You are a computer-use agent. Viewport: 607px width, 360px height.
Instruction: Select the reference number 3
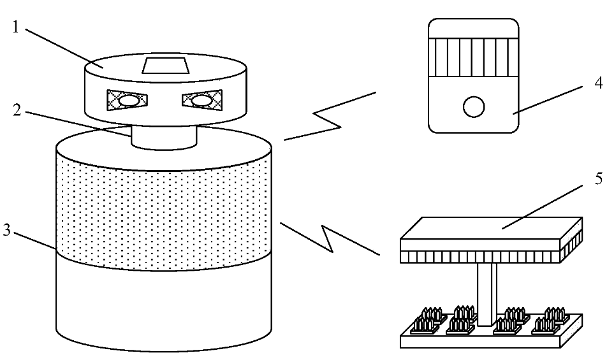click(6, 231)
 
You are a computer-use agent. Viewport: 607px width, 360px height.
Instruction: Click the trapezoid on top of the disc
click(165, 66)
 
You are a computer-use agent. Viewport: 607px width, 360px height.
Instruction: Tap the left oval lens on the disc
click(128, 100)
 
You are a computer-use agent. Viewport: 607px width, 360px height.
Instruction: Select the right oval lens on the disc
click(201, 100)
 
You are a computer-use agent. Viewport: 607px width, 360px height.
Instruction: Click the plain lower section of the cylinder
click(164, 306)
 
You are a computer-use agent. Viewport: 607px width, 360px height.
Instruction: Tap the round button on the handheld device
click(473, 106)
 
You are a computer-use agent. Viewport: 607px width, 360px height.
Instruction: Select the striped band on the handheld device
click(472, 57)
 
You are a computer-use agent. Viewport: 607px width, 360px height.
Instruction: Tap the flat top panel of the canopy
click(491, 228)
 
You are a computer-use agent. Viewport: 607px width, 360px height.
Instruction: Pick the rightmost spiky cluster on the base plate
click(555, 317)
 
